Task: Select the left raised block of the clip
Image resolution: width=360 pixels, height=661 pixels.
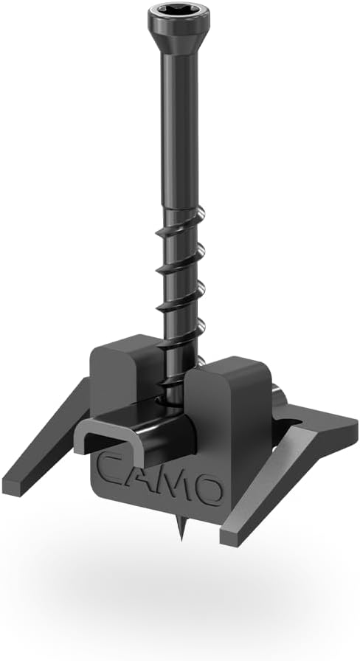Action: coord(118,369)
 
